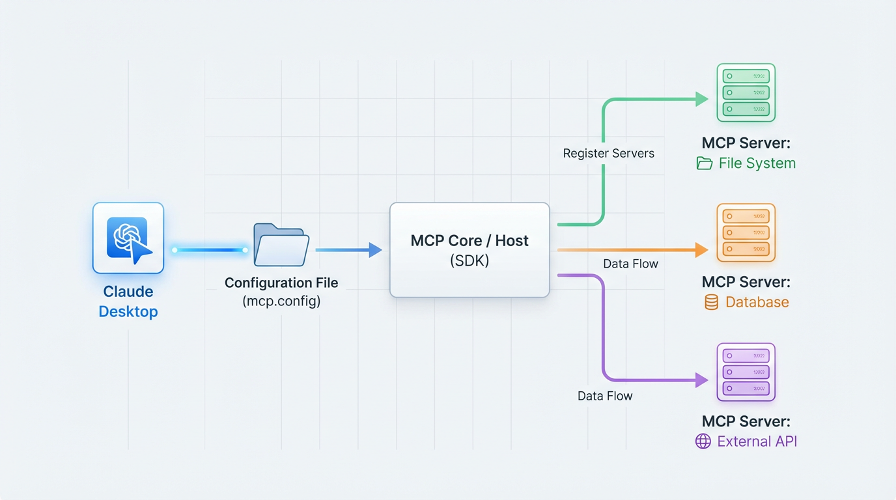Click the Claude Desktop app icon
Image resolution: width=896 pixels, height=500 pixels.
pos(128,238)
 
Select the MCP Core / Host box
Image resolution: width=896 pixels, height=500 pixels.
pos(469,250)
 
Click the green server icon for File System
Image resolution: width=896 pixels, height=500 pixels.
pos(746,92)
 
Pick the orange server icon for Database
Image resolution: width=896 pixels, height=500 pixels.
pos(746,232)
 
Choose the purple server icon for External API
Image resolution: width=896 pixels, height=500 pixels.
pos(746,372)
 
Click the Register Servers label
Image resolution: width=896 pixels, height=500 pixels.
pos(608,154)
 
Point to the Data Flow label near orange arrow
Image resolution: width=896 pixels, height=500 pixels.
pos(630,264)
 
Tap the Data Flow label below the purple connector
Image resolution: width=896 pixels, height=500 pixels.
pos(605,396)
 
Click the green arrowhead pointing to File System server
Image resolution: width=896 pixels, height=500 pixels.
pos(702,99)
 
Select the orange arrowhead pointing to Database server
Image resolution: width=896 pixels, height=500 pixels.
pos(702,249)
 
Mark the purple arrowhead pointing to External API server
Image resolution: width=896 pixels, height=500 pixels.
pos(702,380)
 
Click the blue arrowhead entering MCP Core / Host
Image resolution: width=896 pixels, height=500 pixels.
pos(375,249)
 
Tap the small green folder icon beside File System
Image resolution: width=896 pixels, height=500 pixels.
pos(704,163)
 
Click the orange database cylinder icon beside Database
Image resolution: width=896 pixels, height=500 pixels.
pos(712,302)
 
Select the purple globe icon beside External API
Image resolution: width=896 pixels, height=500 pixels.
pos(703,441)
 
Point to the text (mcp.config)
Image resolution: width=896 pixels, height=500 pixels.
pos(281,301)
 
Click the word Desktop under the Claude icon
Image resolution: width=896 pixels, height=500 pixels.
pos(128,312)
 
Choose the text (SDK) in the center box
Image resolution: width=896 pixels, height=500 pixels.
pos(469,260)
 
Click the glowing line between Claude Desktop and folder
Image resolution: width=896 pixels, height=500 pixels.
pos(210,250)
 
